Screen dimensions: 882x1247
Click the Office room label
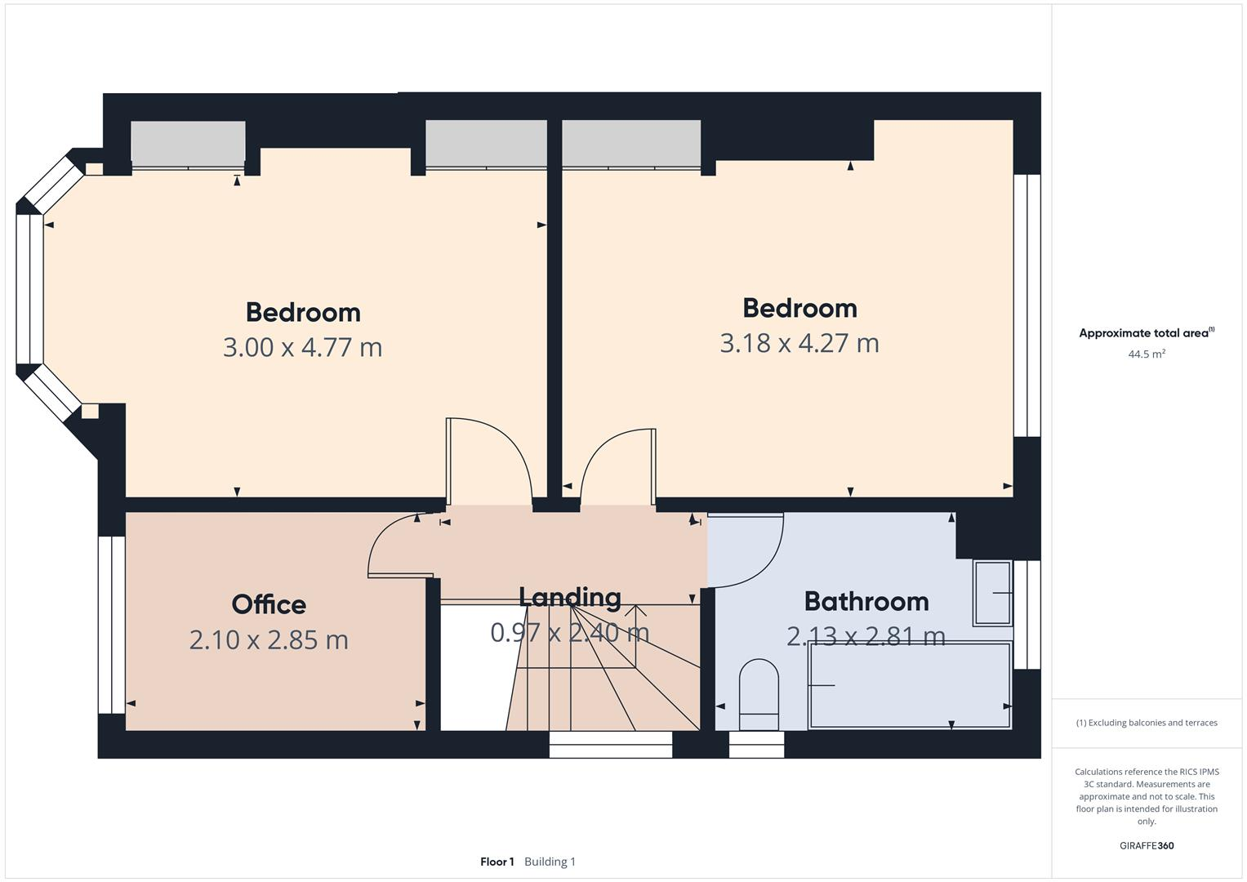point(269,604)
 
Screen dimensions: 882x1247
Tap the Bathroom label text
point(866,601)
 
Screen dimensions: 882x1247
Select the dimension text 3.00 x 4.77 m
point(302,347)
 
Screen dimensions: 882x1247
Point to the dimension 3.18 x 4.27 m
point(799,343)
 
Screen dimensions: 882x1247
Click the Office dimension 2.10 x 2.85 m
point(269,639)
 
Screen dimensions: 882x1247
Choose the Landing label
point(569,597)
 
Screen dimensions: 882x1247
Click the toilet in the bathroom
point(759,694)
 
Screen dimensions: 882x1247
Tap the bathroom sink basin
point(992,593)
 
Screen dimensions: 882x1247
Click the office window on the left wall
point(111,625)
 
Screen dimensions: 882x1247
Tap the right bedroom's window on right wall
point(1027,305)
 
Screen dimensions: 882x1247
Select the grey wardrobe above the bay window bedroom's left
point(188,144)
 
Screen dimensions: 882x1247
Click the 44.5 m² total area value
point(1146,354)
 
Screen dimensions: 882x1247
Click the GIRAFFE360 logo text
point(1146,845)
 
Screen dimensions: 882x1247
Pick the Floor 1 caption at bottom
point(497,862)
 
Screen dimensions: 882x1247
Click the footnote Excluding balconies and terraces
point(1146,723)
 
